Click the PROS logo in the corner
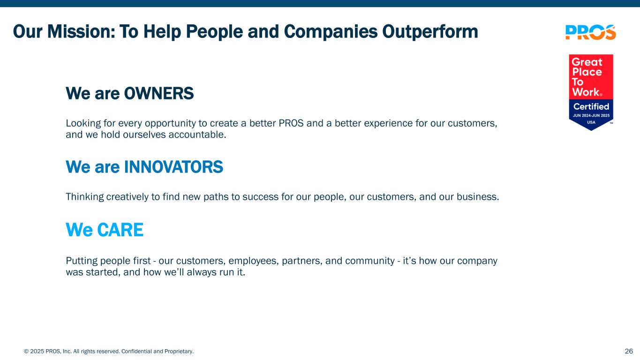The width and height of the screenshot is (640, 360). [x=591, y=32]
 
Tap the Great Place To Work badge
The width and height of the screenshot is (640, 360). [x=591, y=92]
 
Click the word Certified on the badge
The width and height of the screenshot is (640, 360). [x=591, y=106]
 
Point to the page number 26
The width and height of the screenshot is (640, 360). [x=629, y=351]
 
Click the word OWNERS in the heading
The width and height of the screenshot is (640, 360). [x=159, y=93]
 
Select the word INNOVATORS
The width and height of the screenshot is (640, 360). [x=173, y=167]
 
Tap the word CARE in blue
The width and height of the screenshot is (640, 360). [x=120, y=230]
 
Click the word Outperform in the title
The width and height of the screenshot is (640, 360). [x=430, y=32]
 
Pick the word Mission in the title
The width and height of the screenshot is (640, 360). [x=81, y=31]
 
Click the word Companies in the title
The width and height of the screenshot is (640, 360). [x=331, y=32]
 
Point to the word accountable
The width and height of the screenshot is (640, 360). [x=197, y=135]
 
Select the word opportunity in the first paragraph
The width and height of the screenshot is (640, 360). [x=170, y=124]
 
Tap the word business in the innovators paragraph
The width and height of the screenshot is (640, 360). [x=478, y=197]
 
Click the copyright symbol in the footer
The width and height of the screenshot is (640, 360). [x=26, y=352]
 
